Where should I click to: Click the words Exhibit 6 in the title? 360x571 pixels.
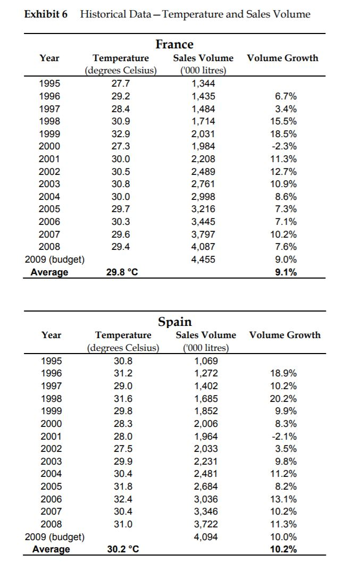46,14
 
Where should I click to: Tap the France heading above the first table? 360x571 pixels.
174,44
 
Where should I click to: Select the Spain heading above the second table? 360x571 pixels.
175,322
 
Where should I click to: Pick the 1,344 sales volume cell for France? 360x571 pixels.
203,83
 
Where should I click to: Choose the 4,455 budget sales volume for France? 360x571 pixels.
203,259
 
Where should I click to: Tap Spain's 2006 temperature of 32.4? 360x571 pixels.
122,499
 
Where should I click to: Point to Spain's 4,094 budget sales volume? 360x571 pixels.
206,536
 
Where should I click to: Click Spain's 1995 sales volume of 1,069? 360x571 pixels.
206,360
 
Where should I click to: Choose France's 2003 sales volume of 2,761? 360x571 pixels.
203,184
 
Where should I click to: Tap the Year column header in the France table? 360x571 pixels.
49,58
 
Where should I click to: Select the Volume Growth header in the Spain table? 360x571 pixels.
285,335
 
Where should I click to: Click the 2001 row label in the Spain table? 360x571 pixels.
51,436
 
